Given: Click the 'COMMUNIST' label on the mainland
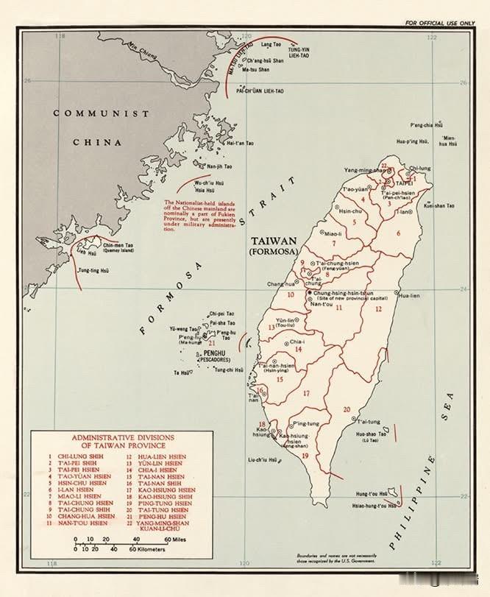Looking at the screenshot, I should point(101,114).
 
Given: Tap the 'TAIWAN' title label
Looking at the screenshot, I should point(273,241).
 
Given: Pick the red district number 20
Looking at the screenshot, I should point(346,409).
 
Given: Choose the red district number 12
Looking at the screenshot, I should point(378,309).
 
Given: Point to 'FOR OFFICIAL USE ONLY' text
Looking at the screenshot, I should point(440,23).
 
